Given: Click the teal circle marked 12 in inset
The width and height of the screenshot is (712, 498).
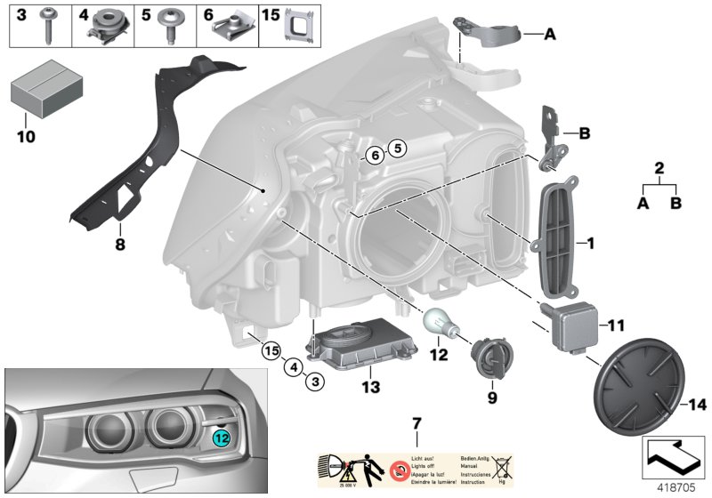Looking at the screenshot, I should (x=222, y=437).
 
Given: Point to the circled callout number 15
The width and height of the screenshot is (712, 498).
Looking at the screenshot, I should (x=271, y=349).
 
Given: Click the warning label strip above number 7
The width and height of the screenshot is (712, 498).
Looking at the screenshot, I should (x=417, y=469).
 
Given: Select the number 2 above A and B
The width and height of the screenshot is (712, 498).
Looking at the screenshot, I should (x=659, y=168).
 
